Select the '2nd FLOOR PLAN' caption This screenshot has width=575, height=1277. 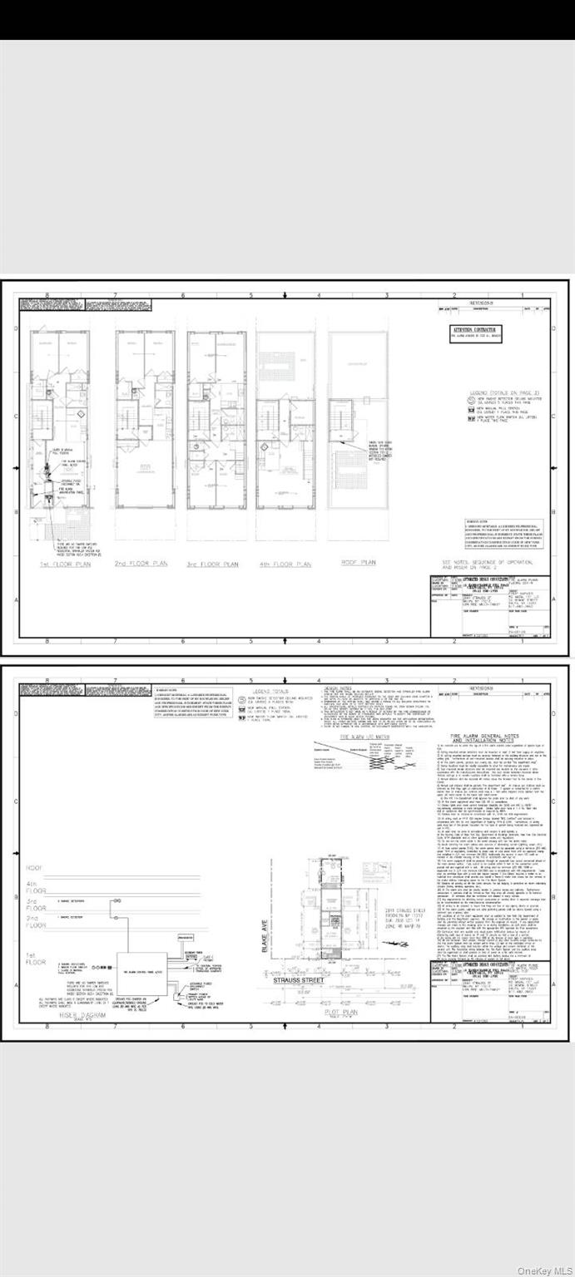(x=142, y=564)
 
